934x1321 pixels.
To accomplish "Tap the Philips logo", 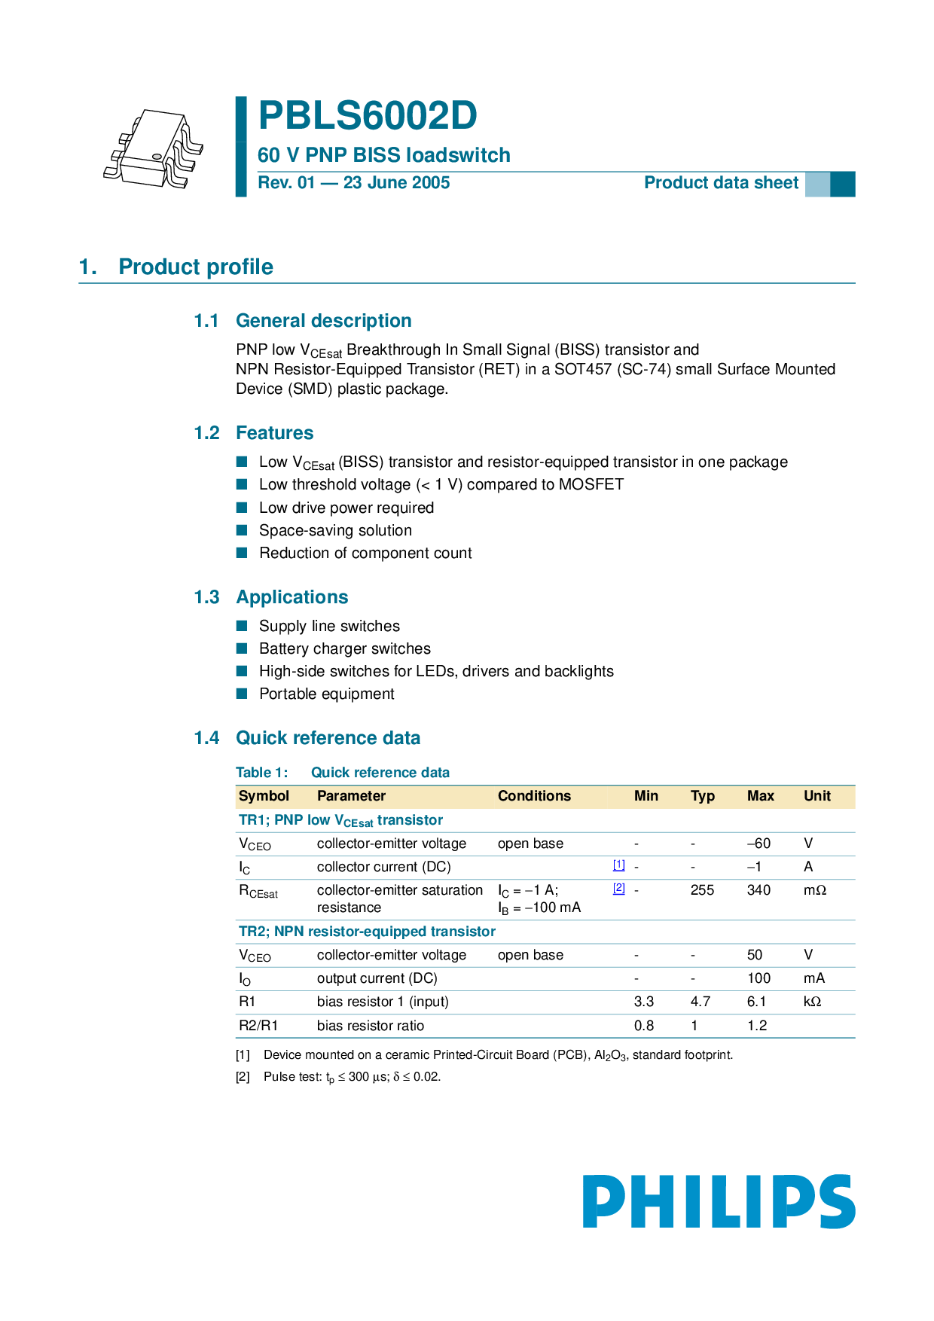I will click(x=719, y=1201).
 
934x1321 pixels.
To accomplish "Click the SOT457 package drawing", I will click(x=154, y=149).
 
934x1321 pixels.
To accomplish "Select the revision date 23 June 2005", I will click(x=396, y=183).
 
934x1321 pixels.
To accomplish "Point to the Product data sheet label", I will click(x=721, y=183).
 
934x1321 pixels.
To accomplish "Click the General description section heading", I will click(x=323, y=321).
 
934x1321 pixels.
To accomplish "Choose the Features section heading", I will click(x=274, y=433).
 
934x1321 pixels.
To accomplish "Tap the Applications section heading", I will click(x=291, y=597).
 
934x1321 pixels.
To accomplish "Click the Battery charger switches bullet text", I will click(x=345, y=648).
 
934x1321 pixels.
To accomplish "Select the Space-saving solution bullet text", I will click(x=335, y=530).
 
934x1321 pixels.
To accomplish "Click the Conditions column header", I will click(x=534, y=796).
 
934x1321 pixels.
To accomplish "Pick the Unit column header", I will click(x=816, y=796).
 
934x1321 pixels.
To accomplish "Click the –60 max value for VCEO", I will click(x=758, y=844).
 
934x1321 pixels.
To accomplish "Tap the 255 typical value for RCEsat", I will click(x=702, y=890).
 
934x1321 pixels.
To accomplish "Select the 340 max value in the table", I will click(x=758, y=890).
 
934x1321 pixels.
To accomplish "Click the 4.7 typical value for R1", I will click(x=700, y=1002).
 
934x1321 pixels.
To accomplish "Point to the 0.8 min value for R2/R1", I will click(x=644, y=1026).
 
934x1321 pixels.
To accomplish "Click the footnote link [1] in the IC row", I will click(x=619, y=865).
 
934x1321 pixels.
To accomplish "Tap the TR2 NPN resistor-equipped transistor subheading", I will click(x=367, y=932).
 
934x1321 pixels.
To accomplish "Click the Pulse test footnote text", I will click(x=352, y=1077).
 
